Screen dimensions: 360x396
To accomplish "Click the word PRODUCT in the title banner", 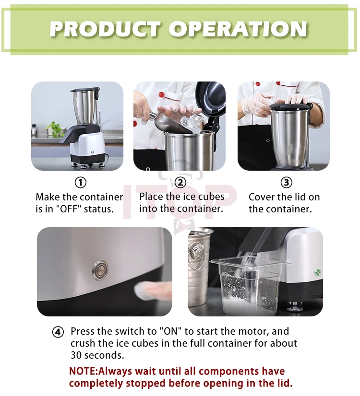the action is click(x=105, y=29).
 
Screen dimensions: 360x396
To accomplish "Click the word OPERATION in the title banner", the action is click(x=238, y=29).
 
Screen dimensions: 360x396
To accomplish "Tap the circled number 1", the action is click(x=81, y=182).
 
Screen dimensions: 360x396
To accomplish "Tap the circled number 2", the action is click(x=180, y=182).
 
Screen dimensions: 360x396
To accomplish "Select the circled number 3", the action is click(x=287, y=182).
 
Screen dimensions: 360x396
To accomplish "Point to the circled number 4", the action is click(x=58, y=332).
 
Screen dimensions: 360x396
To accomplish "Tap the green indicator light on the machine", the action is click(x=318, y=272).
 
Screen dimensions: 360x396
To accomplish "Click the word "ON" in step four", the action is click(x=171, y=331).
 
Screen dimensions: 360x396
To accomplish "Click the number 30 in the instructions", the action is click(x=76, y=355).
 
